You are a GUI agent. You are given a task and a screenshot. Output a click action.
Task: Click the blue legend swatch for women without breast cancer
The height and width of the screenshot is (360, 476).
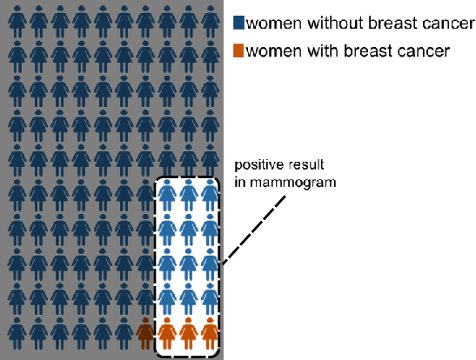point(238,23)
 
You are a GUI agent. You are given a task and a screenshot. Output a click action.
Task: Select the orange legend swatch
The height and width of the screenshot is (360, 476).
point(238,50)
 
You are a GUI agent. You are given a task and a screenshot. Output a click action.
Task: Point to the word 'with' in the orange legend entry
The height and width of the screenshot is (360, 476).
point(323,50)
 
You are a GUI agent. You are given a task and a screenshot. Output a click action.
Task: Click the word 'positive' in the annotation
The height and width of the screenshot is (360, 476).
point(259,165)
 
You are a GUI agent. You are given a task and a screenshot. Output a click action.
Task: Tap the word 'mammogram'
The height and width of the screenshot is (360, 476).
point(293,183)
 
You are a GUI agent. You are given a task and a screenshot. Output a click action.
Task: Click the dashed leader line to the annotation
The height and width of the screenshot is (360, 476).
point(254,230)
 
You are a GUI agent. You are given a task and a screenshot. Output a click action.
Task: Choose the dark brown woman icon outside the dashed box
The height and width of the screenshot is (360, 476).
point(145,333)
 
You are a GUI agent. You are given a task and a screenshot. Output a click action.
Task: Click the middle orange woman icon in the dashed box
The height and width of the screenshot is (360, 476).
point(189,333)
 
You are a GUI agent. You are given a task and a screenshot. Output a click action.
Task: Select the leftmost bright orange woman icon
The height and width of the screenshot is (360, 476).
point(167,333)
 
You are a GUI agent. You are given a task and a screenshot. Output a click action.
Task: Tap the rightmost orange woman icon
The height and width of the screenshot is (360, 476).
point(210,333)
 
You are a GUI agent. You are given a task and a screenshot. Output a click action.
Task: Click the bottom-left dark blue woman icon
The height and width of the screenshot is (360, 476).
point(17,333)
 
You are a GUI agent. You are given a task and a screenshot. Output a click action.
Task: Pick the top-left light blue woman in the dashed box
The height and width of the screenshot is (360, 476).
point(167,195)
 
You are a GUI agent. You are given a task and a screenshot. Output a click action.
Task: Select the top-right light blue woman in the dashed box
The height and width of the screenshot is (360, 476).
point(210,195)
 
